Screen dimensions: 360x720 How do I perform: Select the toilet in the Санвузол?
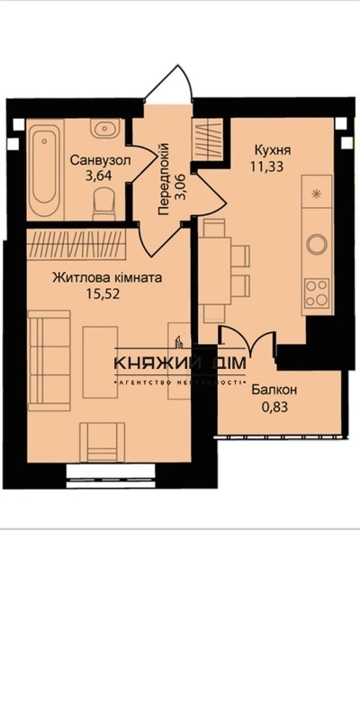[104, 204]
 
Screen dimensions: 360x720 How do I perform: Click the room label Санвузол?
[101, 161]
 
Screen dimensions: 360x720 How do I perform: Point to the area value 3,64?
[99, 176]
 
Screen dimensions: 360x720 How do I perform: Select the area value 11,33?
[266, 166]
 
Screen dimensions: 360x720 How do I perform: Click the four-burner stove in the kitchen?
[317, 293]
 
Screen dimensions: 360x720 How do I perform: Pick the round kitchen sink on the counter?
[317, 244]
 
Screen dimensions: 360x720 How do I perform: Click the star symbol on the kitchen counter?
[316, 193]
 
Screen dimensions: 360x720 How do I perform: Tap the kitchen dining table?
[215, 270]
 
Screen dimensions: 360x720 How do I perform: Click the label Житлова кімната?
[107, 278]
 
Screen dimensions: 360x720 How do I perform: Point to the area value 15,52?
[103, 294]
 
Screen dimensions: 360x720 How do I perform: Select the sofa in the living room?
[49, 361]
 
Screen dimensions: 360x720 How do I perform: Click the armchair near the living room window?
[102, 442]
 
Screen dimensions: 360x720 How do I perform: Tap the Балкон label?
[274, 391]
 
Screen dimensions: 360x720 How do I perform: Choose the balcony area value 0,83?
[275, 407]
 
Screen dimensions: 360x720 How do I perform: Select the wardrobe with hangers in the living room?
[76, 243]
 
